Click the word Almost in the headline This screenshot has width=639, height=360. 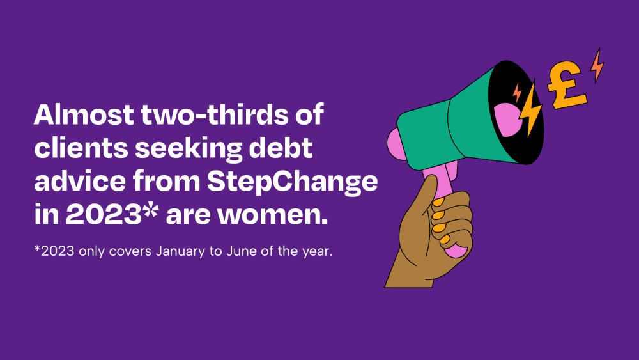point(84,114)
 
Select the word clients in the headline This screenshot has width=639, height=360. point(81,148)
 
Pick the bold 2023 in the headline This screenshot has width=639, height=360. point(104,214)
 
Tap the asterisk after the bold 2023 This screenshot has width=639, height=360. point(151,210)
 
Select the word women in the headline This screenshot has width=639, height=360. point(273,215)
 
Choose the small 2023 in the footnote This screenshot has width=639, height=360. point(58,251)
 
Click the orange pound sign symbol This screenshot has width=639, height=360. point(566,85)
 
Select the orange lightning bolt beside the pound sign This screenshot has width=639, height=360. point(597,65)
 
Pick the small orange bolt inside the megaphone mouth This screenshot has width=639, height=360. point(517,92)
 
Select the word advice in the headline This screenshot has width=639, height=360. point(80,181)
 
